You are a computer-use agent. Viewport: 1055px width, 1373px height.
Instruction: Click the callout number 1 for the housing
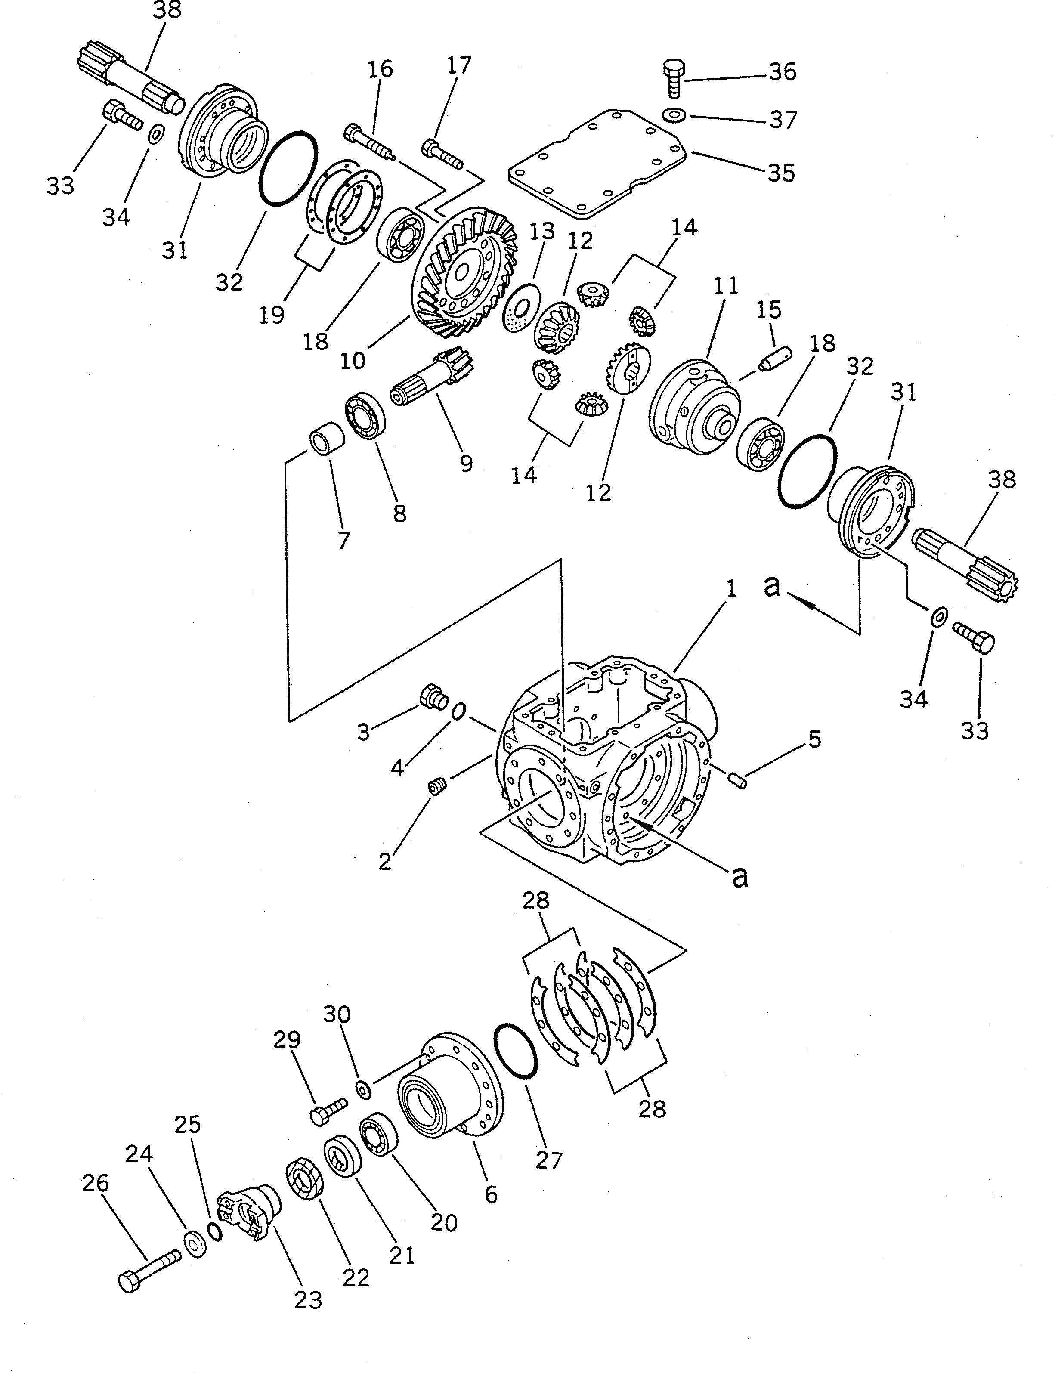(x=730, y=590)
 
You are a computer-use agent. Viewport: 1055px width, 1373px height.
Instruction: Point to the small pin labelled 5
(x=736, y=779)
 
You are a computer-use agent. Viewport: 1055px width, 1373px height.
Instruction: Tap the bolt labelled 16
(x=369, y=143)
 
